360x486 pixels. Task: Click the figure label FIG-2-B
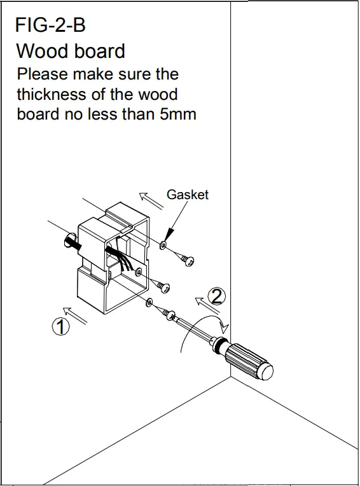[x=50, y=25]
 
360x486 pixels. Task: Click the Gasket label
[x=188, y=195]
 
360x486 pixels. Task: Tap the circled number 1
[x=60, y=327]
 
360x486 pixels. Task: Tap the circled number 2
[x=218, y=296]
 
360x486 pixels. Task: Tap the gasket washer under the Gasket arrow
[x=164, y=245]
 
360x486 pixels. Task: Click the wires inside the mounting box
[x=123, y=258]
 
